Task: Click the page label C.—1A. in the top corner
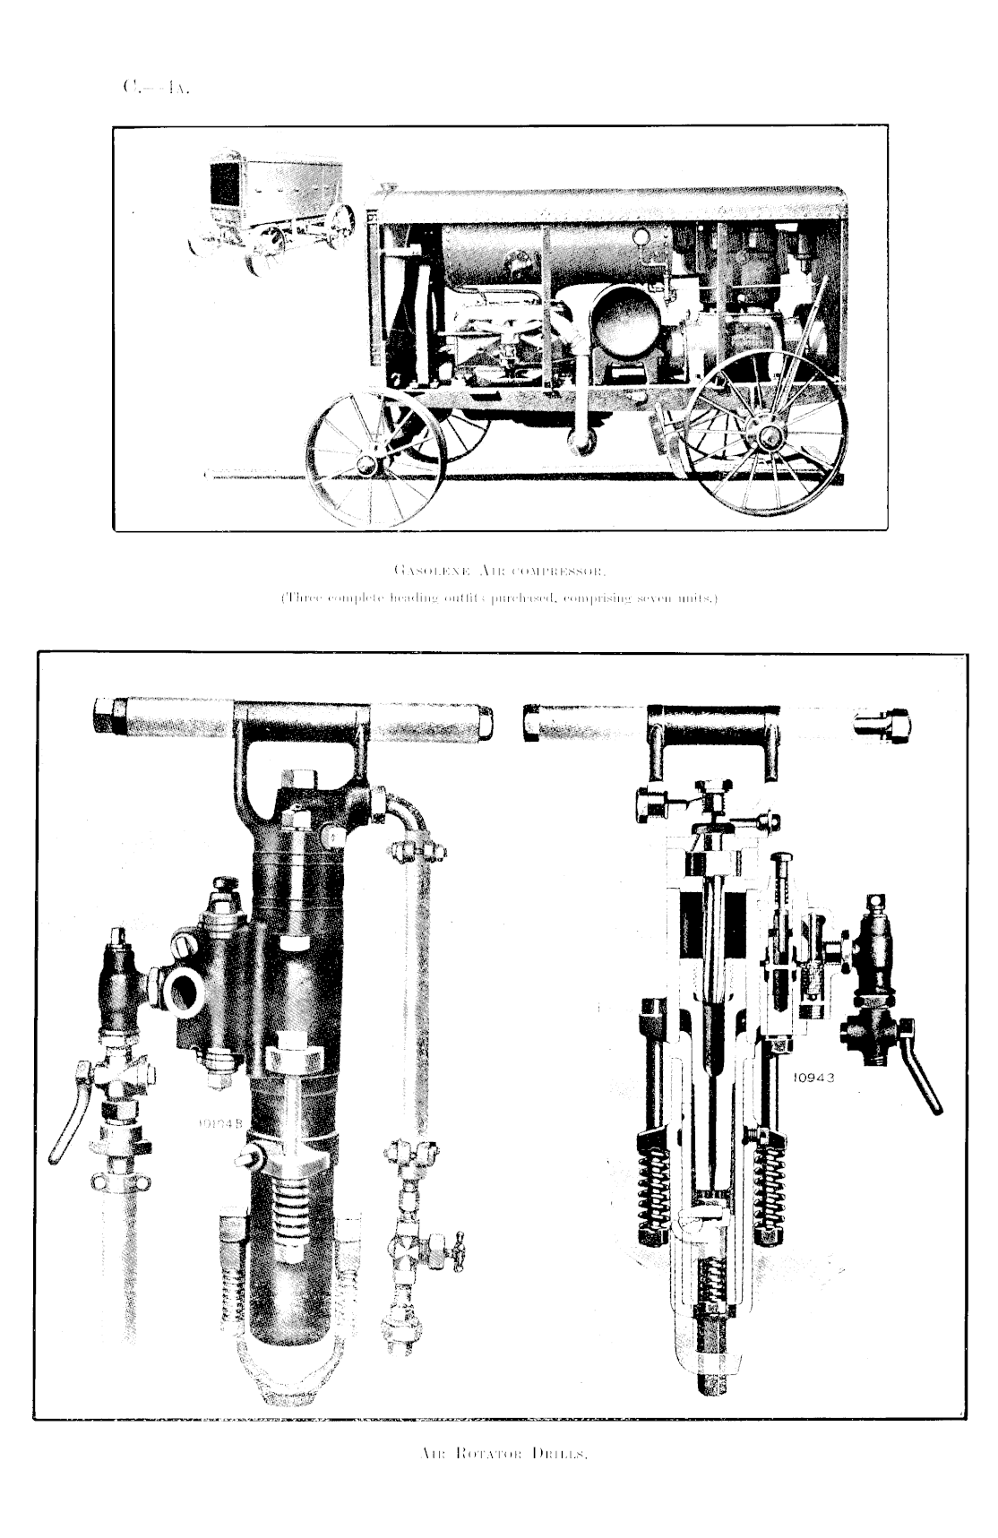156,87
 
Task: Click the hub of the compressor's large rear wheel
769,436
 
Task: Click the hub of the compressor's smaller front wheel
366,464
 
